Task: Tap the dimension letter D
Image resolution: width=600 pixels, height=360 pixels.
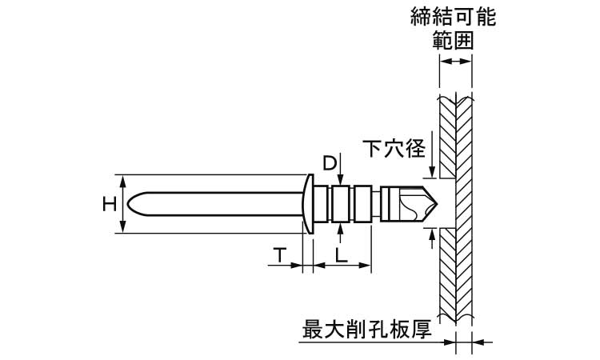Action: click(x=329, y=163)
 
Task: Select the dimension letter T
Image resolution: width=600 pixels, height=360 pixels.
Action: click(x=279, y=255)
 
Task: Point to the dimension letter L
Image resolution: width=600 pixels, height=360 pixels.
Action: click(x=341, y=255)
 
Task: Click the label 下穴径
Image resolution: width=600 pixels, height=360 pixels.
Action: click(x=394, y=148)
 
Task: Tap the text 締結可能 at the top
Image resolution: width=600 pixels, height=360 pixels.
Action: click(x=453, y=17)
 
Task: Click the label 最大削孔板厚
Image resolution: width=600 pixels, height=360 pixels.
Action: click(x=371, y=329)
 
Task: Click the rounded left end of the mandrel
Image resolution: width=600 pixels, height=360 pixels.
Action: click(x=133, y=203)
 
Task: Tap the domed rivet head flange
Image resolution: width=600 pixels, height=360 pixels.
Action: click(x=309, y=203)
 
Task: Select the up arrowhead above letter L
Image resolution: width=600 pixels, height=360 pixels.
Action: click(x=341, y=227)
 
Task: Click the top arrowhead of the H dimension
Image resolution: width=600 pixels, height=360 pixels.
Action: click(x=122, y=178)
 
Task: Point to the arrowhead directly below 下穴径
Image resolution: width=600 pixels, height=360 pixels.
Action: click(x=432, y=171)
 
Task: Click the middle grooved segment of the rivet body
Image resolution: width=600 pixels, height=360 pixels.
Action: click(x=341, y=203)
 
